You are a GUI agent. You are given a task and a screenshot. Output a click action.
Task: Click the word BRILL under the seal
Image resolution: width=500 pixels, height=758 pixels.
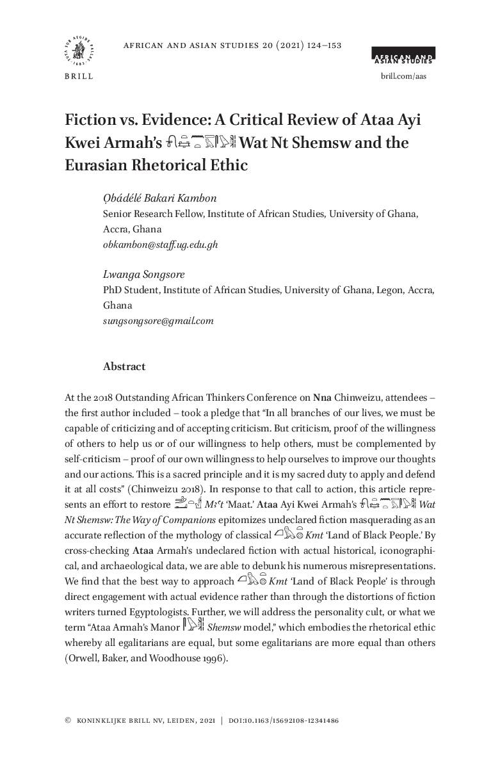[x=79, y=77]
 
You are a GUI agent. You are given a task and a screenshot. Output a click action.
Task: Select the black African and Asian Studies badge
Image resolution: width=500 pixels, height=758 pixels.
[x=403, y=56]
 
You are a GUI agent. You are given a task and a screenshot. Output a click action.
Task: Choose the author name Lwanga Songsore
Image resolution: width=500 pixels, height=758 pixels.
[x=143, y=275]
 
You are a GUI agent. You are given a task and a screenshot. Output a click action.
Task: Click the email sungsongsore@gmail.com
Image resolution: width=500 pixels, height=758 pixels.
[x=158, y=321]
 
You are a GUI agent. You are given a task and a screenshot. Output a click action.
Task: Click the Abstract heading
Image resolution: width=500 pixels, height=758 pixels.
[x=124, y=367]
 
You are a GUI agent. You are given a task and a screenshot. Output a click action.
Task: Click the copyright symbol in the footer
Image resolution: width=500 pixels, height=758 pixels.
[x=68, y=721]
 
